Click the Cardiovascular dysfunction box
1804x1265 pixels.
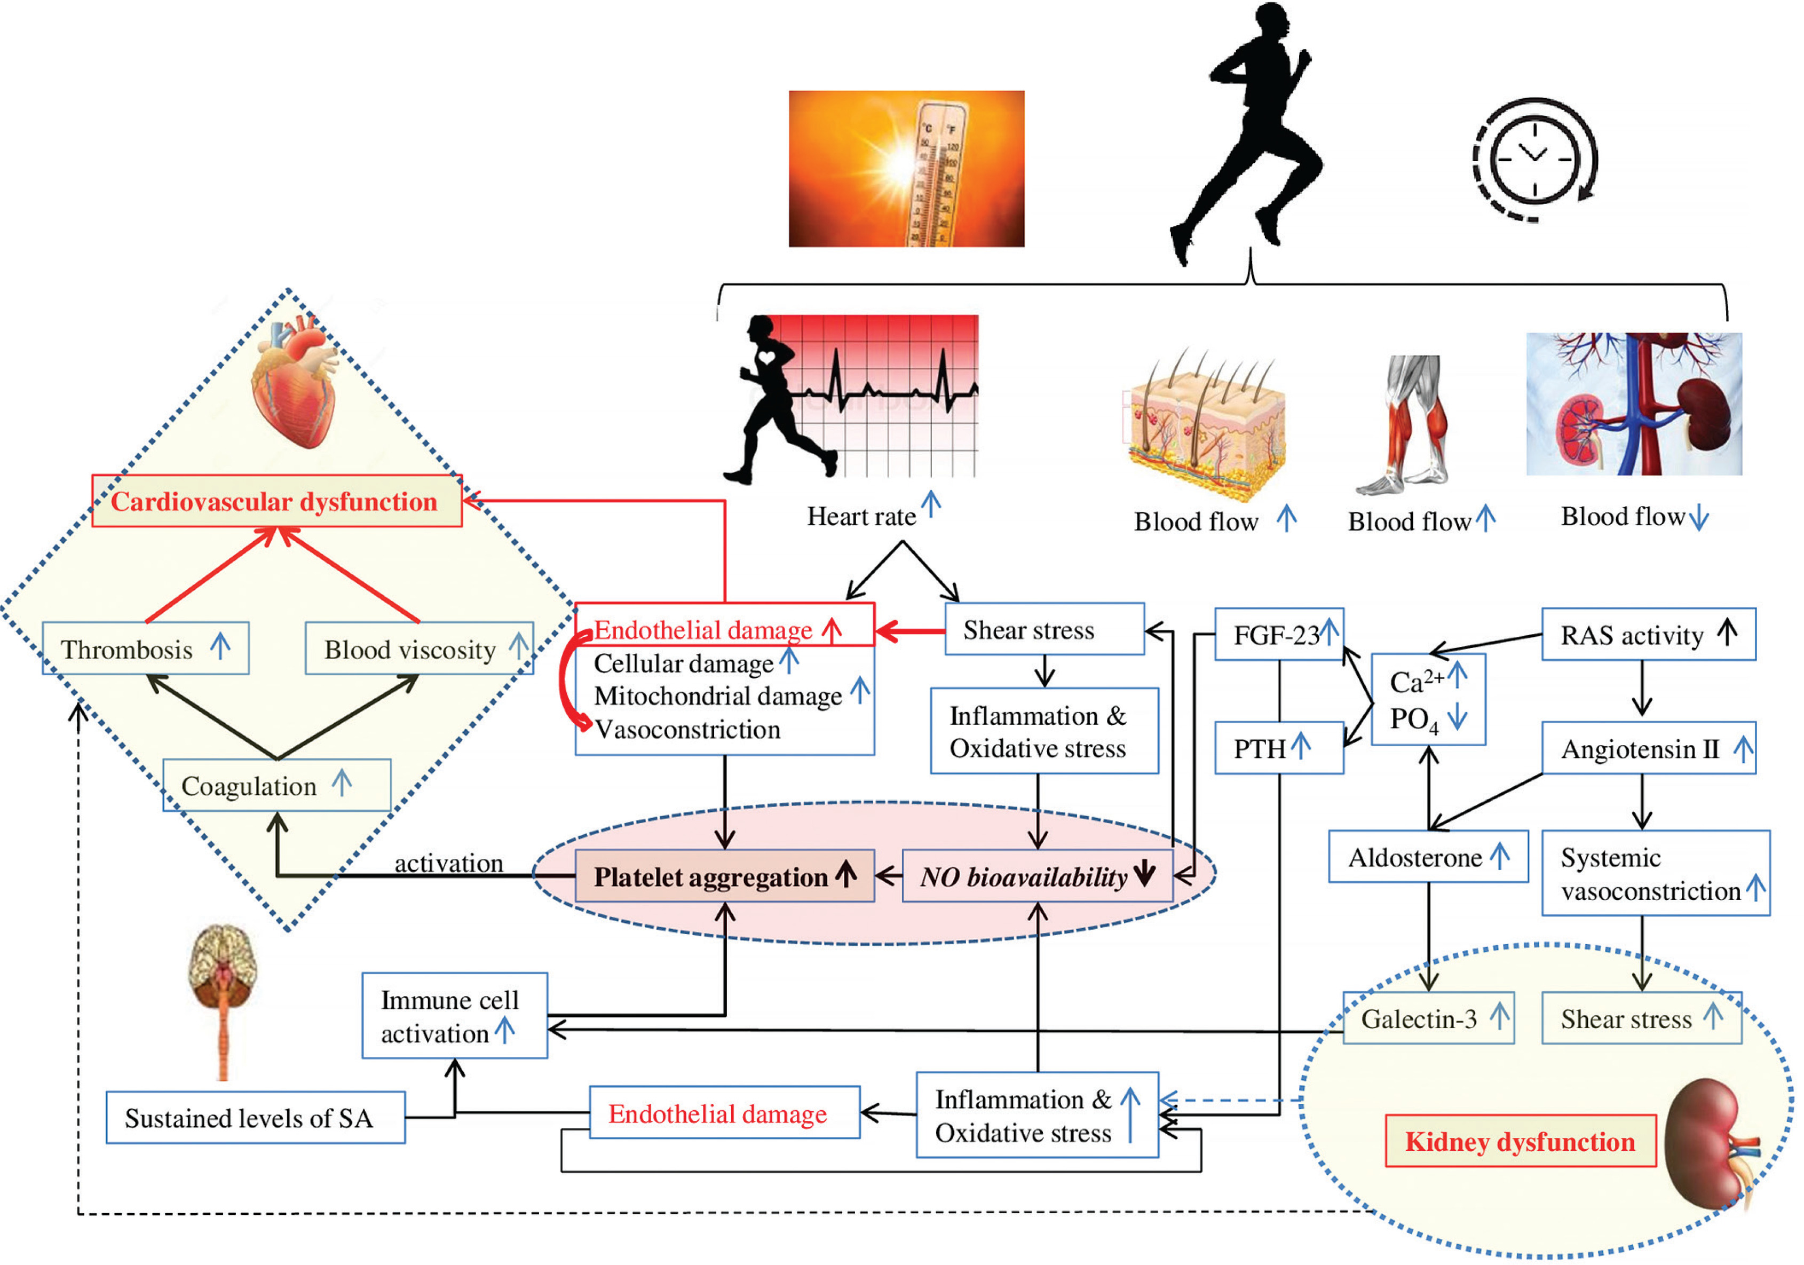276,501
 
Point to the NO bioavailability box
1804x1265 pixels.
1036,876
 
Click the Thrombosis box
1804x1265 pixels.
145,649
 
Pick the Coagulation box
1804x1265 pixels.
276,785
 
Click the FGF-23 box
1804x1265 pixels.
1278,634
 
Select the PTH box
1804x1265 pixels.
1278,748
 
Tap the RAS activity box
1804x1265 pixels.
1648,634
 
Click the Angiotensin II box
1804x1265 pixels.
1648,748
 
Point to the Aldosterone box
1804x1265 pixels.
1428,857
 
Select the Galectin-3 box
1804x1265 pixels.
1428,1018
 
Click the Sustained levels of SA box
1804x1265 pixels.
255,1117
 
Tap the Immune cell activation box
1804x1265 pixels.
454,1016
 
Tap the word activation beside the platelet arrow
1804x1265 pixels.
449,863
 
